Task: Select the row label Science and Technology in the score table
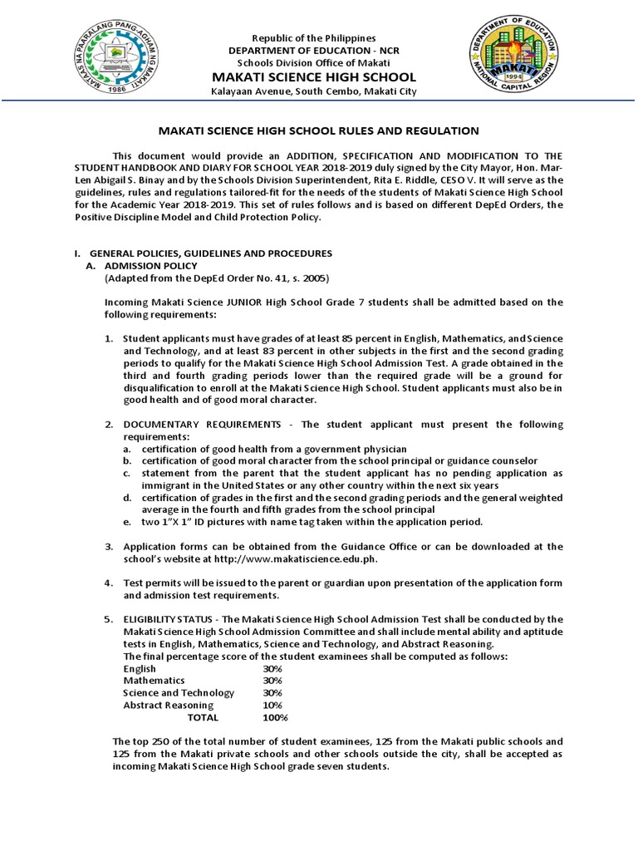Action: click(179, 692)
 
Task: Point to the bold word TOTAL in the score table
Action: click(203, 717)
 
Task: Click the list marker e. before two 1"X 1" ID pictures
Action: click(126, 522)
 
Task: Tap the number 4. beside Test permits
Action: click(108, 583)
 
